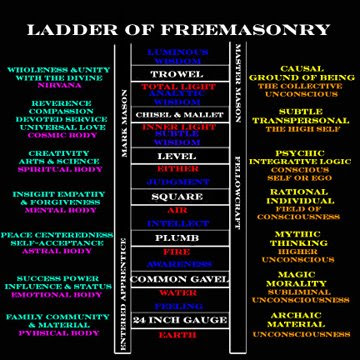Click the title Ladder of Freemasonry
click(180, 21)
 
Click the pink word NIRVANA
click(55, 87)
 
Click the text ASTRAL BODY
click(55, 250)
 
